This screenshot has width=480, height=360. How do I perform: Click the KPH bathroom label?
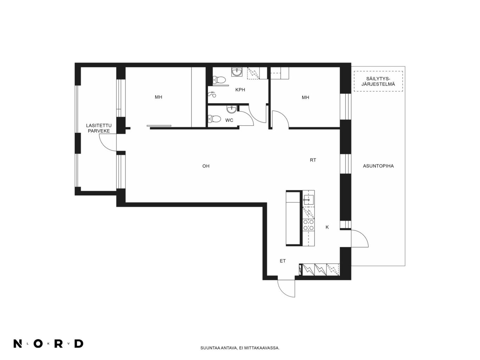coord(240,90)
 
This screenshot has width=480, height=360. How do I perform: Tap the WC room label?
coord(229,120)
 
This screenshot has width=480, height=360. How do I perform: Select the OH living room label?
coord(206,166)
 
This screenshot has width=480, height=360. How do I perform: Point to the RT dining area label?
coord(313,160)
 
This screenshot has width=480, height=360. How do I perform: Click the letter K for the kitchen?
coord(327,227)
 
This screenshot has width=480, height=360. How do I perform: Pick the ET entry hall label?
coord(283,261)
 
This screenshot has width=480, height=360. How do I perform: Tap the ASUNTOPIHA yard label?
coord(378,166)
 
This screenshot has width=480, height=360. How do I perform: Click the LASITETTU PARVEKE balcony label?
coord(99,128)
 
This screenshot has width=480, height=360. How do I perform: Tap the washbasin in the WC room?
coord(232,109)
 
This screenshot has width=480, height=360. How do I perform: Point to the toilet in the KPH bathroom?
coord(219,80)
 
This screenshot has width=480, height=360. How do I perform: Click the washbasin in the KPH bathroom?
coord(237,72)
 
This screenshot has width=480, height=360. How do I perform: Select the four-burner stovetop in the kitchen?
coord(308,225)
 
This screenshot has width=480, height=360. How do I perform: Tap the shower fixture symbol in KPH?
coord(212,94)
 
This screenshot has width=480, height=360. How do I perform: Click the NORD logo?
coord(48,343)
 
